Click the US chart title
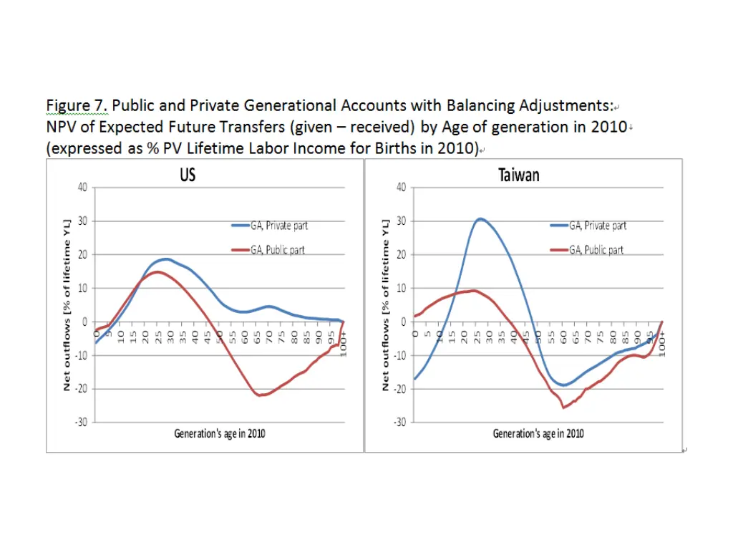(188, 175)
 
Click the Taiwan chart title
(519, 175)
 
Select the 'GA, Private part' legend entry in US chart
(278, 226)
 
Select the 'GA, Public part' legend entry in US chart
(277, 251)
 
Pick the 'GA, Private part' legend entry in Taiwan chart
(597, 226)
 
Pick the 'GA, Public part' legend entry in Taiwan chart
(596, 251)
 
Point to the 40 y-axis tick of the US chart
(82, 188)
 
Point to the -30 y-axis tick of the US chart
(81, 422)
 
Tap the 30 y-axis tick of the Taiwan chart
(401, 221)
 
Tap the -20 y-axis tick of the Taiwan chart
(399, 389)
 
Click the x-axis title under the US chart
(220, 434)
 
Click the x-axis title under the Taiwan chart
(538, 434)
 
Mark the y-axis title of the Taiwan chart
(386, 304)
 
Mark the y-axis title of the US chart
(67, 304)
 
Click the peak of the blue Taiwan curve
(480, 218)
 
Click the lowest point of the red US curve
(261, 395)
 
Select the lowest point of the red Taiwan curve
(563, 407)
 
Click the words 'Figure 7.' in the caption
(77, 106)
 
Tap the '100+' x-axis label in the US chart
(344, 343)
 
